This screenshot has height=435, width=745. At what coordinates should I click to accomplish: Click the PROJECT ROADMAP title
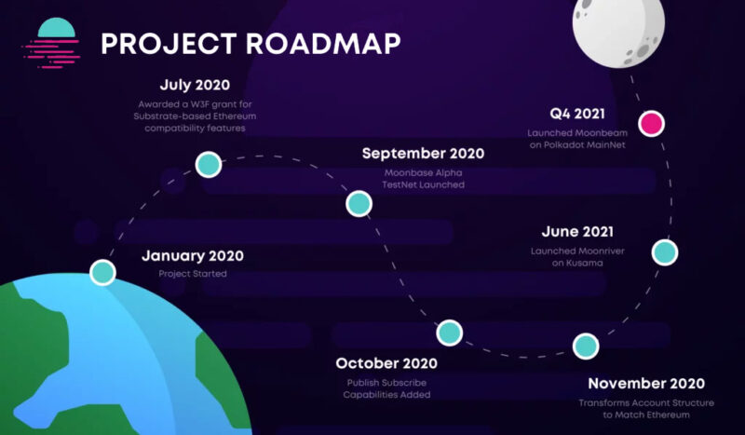[x=251, y=43]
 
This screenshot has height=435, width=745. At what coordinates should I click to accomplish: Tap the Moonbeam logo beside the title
[x=50, y=43]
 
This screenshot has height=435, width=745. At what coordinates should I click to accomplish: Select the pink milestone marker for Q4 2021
[x=651, y=123]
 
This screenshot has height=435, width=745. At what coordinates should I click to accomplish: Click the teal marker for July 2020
[x=208, y=166]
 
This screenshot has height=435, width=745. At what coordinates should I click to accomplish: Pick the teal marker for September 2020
[x=359, y=204]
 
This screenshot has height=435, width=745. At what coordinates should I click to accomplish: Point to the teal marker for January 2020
[x=102, y=273]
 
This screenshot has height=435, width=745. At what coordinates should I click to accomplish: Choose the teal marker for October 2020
[x=449, y=332]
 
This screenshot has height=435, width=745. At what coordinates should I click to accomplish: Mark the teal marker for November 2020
[x=585, y=347]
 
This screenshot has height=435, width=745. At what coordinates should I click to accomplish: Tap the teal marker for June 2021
[x=664, y=251]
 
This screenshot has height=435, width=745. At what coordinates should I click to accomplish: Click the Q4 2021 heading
[x=577, y=115]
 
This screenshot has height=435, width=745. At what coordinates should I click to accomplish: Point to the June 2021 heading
[x=578, y=232]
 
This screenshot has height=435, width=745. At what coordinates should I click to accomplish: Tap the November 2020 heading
[x=646, y=383]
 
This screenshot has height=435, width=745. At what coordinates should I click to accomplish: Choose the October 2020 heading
[x=387, y=363]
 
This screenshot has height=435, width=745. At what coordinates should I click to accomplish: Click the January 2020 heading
[x=193, y=256]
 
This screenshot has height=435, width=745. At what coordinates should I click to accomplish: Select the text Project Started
[x=193, y=275]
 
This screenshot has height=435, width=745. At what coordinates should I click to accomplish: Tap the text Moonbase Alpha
[x=423, y=173]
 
